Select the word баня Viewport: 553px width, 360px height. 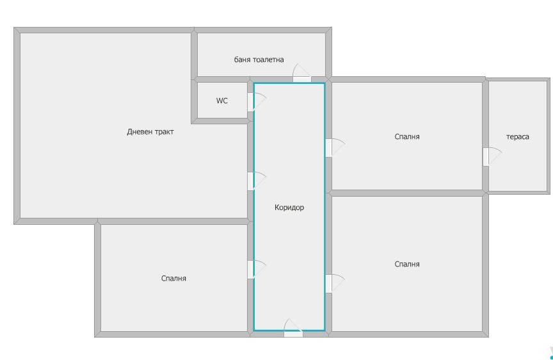(x=242, y=60)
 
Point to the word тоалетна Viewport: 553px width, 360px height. (x=268, y=60)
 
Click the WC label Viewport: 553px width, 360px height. (x=222, y=101)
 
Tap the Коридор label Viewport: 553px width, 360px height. (x=289, y=207)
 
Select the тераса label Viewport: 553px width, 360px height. (x=517, y=137)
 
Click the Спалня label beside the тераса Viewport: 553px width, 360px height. (x=407, y=136)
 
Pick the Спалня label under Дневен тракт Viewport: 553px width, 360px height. (x=173, y=279)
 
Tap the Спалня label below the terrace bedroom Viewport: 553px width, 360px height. (x=407, y=264)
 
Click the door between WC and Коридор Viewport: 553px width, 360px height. (x=257, y=102)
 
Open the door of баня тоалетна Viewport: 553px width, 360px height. (x=301, y=73)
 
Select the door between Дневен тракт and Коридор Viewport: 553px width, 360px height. (x=257, y=181)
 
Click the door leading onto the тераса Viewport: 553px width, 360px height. (x=492, y=156)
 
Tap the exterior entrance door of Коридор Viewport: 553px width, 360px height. (x=293, y=328)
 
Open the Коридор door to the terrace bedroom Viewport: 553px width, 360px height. (x=335, y=147)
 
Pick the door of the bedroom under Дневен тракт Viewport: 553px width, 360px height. (x=257, y=269)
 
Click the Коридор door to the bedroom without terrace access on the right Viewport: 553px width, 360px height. (x=335, y=283)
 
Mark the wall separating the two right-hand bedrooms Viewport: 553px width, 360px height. (x=407, y=193)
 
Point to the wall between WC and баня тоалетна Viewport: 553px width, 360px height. (x=222, y=79)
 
